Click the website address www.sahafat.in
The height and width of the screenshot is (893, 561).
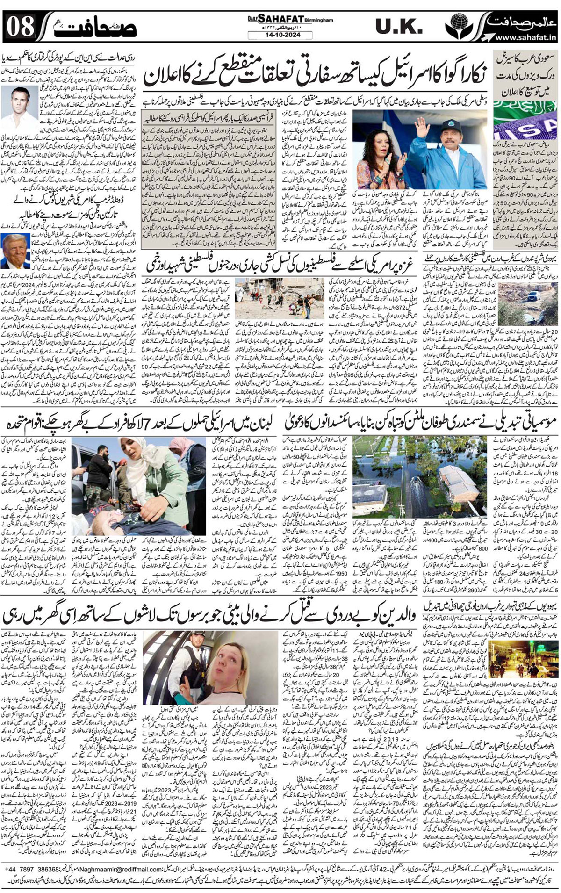(x=525, y=37)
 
